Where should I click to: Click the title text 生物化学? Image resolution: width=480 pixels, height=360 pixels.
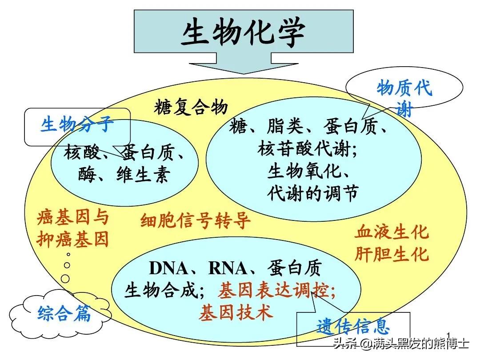243,33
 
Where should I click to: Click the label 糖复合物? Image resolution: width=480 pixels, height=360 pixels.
191,107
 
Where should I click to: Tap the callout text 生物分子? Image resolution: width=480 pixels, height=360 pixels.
77,125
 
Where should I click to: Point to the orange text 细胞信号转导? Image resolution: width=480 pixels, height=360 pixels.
196,220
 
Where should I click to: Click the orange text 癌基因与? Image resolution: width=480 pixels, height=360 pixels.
73,218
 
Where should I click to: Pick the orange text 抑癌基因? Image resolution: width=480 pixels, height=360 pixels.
73,240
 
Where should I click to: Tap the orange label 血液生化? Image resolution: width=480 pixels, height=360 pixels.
392,232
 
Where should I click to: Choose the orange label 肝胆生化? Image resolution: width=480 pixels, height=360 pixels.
392,254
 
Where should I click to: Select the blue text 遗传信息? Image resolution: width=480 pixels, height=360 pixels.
353,327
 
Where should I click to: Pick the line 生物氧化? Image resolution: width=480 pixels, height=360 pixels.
307,171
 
